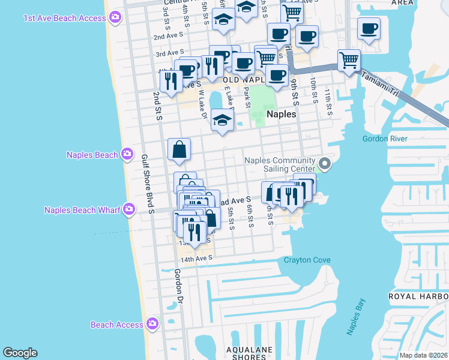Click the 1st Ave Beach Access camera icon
(x=115, y=18)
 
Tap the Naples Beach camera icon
(x=127, y=155)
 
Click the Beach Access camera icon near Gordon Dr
(x=152, y=324)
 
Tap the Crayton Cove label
(x=307, y=260)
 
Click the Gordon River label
(x=385, y=139)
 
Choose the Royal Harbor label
(x=418, y=296)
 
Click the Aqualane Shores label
(x=250, y=353)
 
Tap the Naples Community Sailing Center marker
(x=325, y=163)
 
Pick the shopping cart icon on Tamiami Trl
(x=349, y=60)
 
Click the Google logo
(x=20, y=353)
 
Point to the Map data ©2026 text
(x=423, y=355)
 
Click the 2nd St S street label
(x=158, y=106)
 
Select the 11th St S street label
(x=328, y=103)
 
